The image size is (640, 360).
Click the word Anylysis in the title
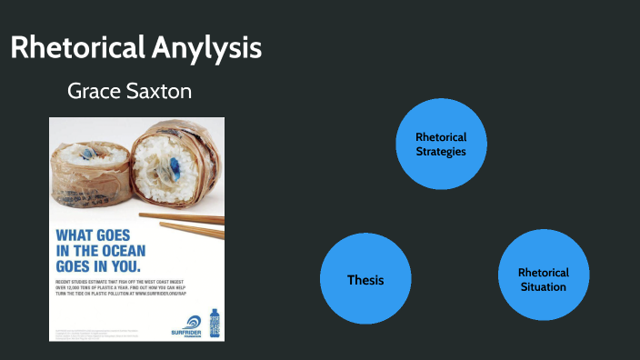point(214,48)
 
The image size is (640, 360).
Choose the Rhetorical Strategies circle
point(441,144)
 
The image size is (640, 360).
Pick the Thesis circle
point(365,279)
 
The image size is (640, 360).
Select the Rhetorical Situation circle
point(544,279)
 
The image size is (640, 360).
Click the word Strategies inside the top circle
point(441,152)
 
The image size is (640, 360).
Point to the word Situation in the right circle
point(544,287)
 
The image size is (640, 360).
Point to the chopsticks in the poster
point(187,224)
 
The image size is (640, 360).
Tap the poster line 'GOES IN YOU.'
point(96,266)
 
